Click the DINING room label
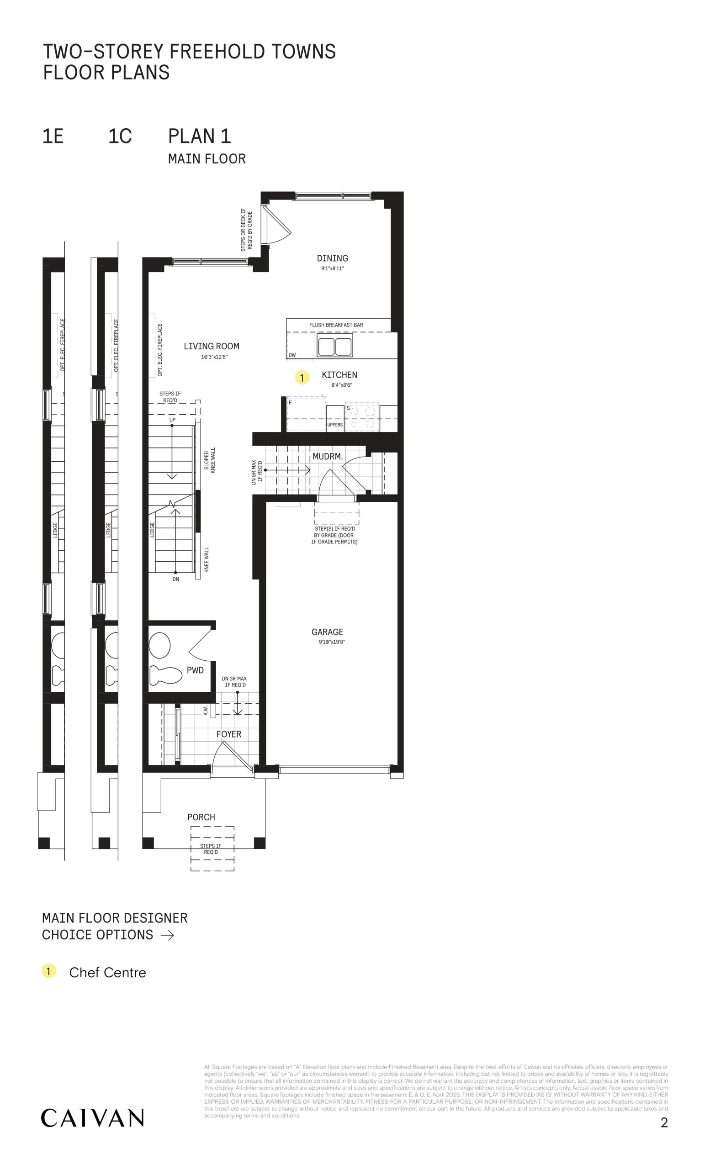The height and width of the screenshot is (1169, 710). (x=332, y=258)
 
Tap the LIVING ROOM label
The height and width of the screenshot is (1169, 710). (x=211, y=346)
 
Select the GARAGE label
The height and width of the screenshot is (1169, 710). (x=327, y=632)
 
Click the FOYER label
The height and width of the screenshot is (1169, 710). (x=229, y=734)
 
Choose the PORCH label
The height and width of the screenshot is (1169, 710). (x=201, y=817)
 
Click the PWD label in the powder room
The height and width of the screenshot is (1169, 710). (x=195, y=670)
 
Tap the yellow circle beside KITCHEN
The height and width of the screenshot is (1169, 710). (x=302, y=378)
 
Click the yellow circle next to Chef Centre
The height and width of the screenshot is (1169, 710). (x=49, y=971)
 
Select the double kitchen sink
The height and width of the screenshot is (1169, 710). (x=335, y=346)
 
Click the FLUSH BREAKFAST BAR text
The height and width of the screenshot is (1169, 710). (x=336, y=325)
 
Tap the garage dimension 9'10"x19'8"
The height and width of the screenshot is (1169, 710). (x=332, y=642)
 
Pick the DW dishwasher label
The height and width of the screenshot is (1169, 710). (x=292, y=355)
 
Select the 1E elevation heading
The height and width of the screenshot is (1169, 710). (x=53, y=136)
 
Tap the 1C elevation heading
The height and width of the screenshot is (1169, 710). (x=120, y=136)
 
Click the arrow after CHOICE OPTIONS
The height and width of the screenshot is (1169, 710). (x=168, y=935)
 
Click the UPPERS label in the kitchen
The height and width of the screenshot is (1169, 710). (x=334, y=425)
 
